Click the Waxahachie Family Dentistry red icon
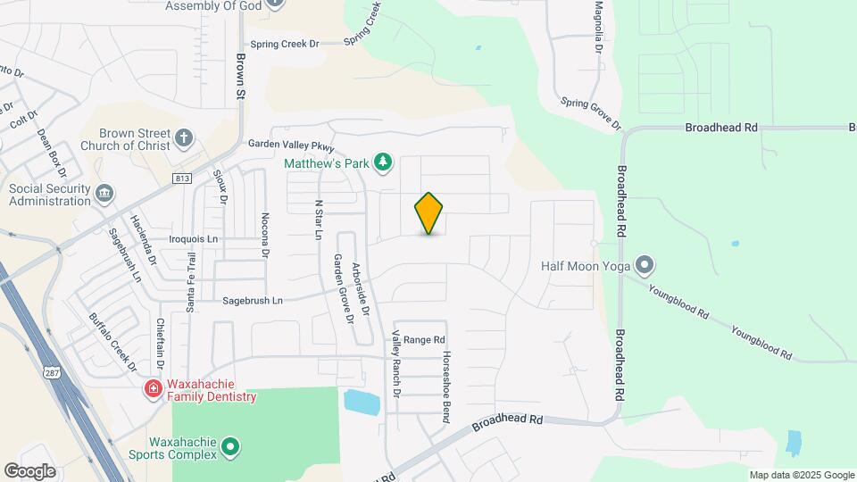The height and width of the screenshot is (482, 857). pyautogui.click(x=153, y=388)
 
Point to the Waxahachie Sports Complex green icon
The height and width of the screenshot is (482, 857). pyautogui.click(x=230, y=445)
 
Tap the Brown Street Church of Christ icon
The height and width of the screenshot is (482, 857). pyautogui.click(x=184, y=138)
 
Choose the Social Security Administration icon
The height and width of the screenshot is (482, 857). pyautogui.click(x=104, y=192)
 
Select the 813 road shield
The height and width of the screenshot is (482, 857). pyautogui.click(x=182, y=178)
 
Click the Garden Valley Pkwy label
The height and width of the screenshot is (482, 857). pyautogui.click(x=291, y=146)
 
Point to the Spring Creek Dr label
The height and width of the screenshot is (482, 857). pyautogui.click(x=284, y=44)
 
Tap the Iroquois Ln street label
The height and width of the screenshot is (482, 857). pyautogui.click(x=194, y=239)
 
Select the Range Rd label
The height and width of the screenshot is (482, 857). pyautogui.click(x=423, y=340)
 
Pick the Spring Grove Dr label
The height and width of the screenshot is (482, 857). pyautogui.click(x=590, y=113)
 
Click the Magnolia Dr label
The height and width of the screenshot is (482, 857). pyautogui.click(x=599, y=26)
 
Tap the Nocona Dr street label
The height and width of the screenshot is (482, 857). pyautogui.click(x=265, y=235)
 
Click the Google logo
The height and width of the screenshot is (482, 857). pyautogui.click(x=29, y=470)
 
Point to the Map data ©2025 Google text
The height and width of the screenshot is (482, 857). pyautogui.click(x=801, y=475)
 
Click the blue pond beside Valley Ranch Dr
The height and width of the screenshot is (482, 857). pyautogui.click(x=362, y=402)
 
